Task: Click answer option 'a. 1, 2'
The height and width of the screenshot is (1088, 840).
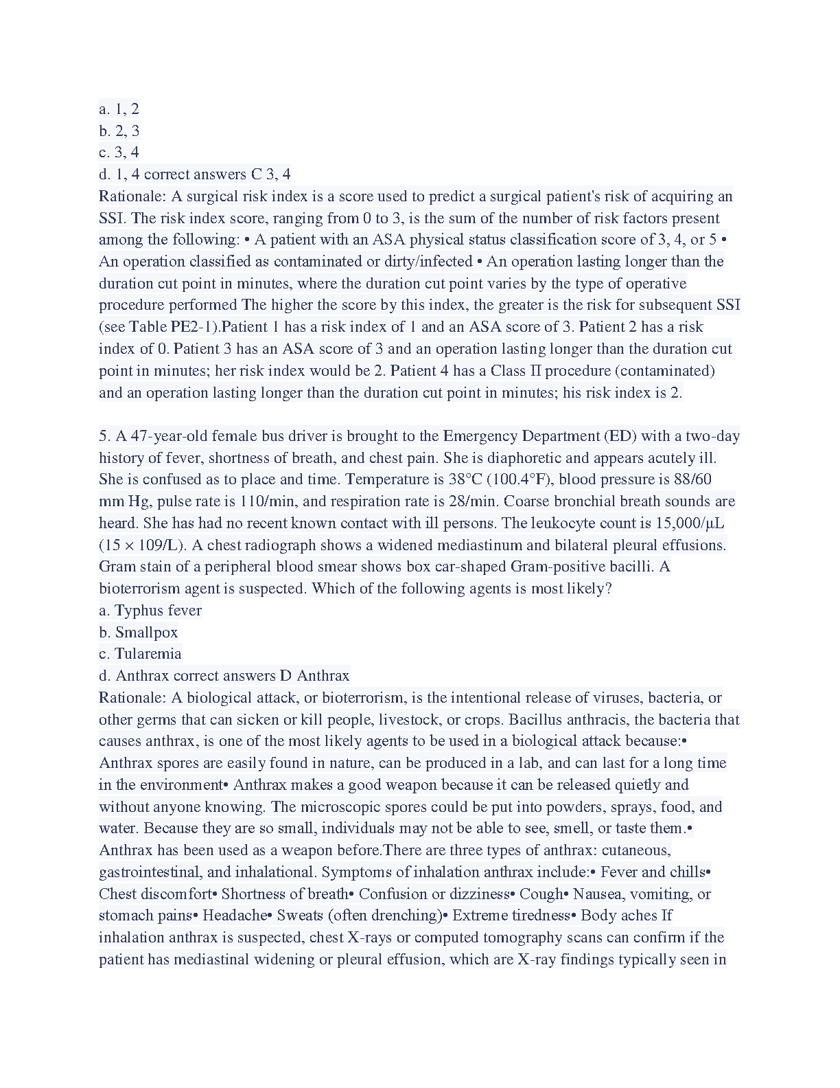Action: [119, 109]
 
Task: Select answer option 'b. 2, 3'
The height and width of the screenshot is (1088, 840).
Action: [119, 131]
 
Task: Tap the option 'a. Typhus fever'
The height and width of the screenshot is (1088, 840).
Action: [150, 610]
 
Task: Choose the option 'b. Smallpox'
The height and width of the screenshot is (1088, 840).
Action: [139, 632]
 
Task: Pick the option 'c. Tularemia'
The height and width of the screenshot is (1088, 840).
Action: [140, 653]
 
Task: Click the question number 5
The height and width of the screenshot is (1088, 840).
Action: [104, 435]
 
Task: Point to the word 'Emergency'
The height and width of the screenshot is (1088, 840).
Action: [480, 435]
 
